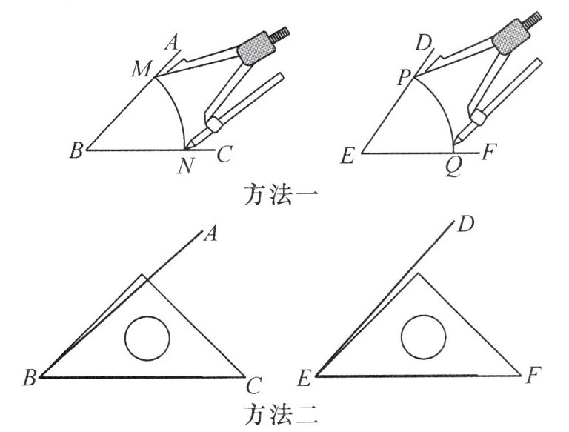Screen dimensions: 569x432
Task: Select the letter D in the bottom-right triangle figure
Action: pos(465,224)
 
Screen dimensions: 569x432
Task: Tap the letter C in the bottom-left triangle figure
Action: pos(254,385)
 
